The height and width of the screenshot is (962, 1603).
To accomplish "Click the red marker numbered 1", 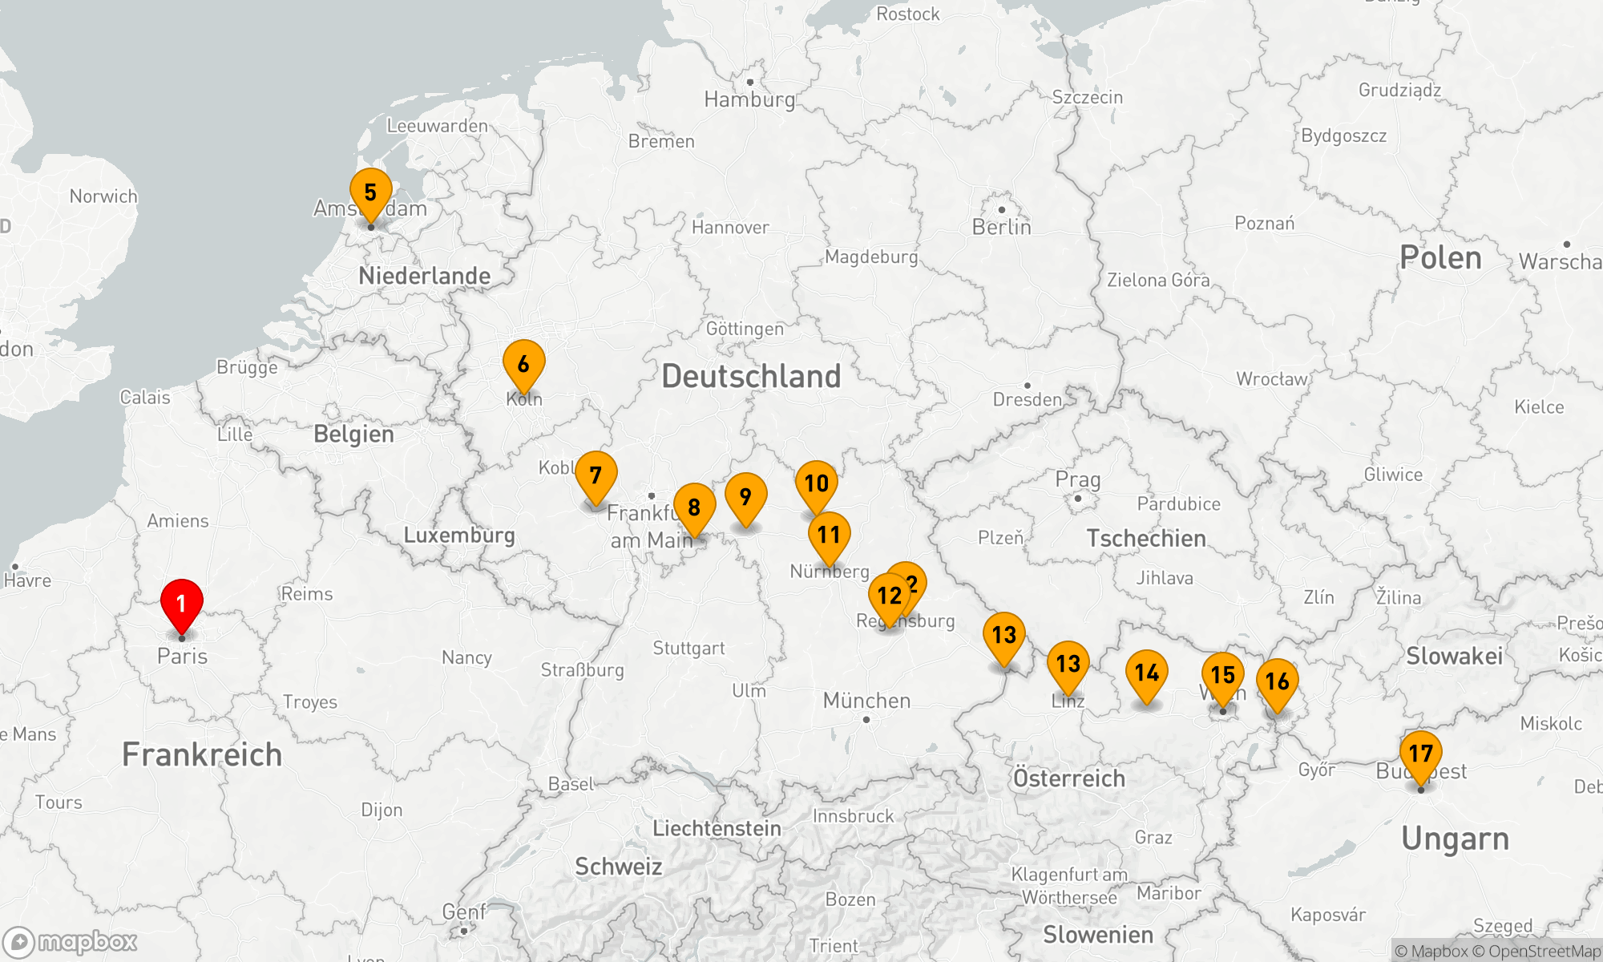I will point(182,604).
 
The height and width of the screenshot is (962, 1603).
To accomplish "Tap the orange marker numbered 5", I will point(370,193).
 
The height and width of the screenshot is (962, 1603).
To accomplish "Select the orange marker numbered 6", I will point(523,365).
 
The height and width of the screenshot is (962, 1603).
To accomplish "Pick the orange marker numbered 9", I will point(745,498).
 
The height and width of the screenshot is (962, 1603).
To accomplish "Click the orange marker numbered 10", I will point(816,484).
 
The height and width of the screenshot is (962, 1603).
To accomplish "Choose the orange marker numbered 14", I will point(1147,673).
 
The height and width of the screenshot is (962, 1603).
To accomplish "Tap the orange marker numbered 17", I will point(1420,754).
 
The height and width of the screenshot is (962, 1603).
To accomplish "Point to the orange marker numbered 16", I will point(1277,682).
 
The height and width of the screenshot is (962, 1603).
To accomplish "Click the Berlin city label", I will point(1001,227).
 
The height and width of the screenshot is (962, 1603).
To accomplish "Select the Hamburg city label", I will point(749,99).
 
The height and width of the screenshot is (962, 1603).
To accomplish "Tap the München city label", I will point(866,701).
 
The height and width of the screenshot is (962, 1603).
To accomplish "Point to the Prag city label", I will point(1077,479).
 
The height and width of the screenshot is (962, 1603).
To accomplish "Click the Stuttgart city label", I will point(688,648).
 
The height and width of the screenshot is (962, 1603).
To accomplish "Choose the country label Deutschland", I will point(751,376).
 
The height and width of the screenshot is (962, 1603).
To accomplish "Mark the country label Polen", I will point(1440,258).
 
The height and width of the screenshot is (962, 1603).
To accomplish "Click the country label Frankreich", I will point(202,754).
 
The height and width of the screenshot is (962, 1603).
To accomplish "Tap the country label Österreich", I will point(1068,778).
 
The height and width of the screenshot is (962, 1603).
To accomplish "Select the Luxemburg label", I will point(458,535).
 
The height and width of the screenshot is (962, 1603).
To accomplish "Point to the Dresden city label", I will point(1027,399).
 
